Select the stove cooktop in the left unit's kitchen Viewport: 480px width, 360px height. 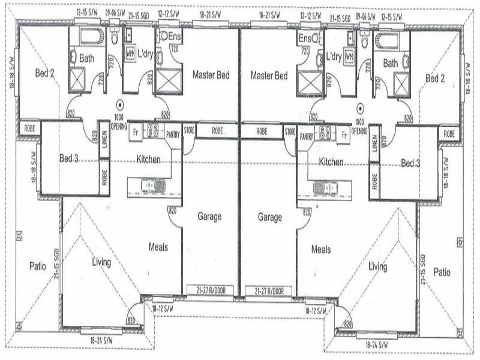tap(152, 131)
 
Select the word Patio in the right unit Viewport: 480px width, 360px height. tap(442, 272)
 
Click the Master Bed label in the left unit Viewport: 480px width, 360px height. tap(211, 76)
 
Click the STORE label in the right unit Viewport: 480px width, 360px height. tap(290, 130)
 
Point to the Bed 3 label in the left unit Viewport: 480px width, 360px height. tap(70, 158)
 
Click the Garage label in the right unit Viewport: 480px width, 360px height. tap(269, 217)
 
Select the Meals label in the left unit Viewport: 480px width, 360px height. tap(158, 247)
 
